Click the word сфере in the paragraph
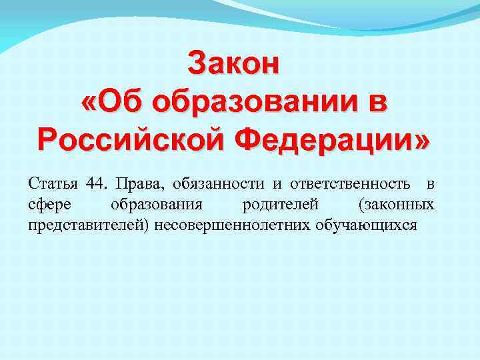click(47, 203)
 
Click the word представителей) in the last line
click(89, 224)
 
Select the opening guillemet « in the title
click(87, 103)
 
